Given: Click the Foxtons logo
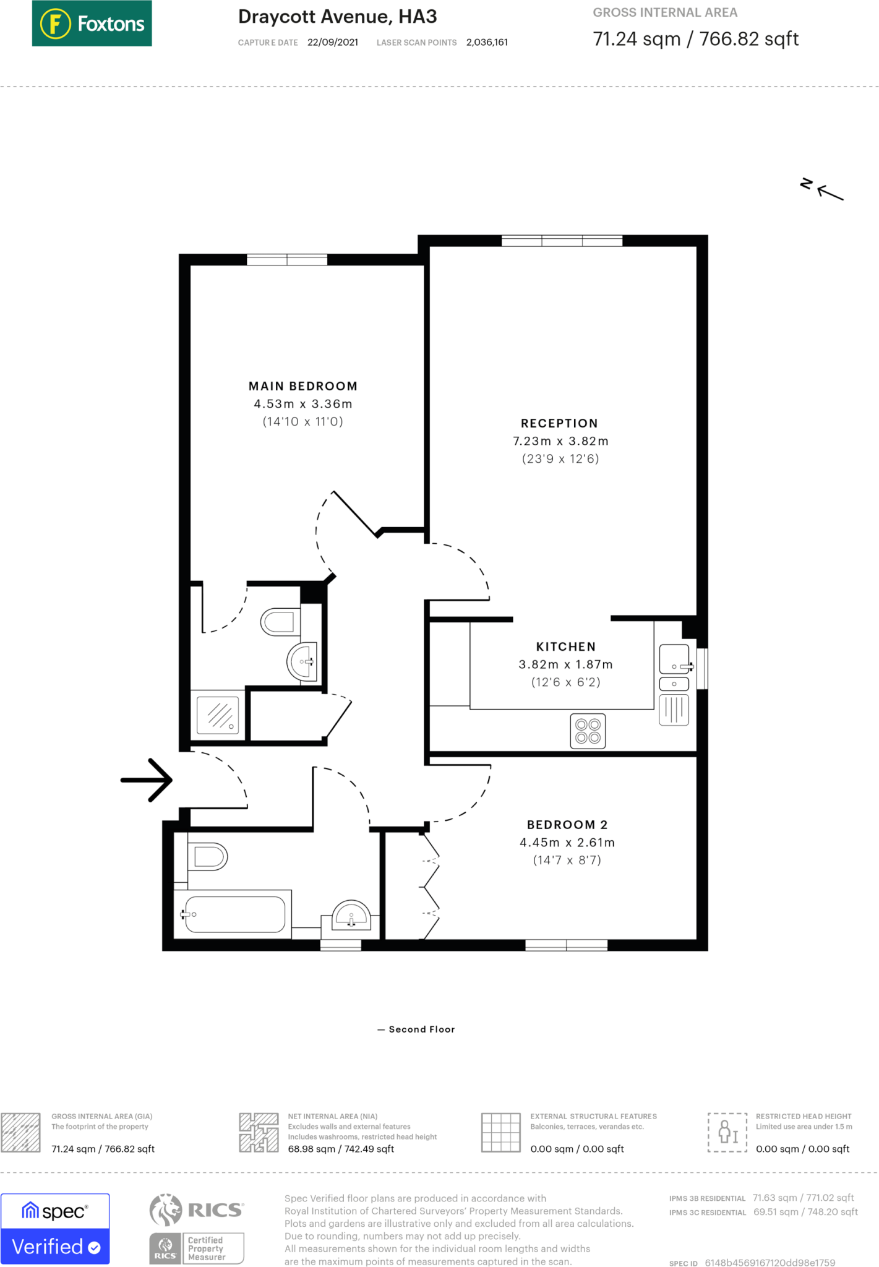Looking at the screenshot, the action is click(92, 24).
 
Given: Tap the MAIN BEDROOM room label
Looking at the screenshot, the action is click(303, 386).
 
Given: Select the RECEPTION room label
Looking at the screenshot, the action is click(559, 423).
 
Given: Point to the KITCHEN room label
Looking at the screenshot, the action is click(566, 646).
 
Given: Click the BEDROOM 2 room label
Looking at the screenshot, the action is click(567, 825).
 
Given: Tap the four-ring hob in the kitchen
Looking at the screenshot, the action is click(588, 731).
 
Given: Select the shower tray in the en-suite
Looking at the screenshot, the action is click(218, 716).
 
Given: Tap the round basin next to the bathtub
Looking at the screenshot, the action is click(351, 916).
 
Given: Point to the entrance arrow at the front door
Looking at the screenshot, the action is click(147, 780).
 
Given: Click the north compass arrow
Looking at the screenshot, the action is click(830, 192).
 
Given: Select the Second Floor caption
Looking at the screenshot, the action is click(422, 1029).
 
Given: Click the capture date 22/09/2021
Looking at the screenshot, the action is click(333, 42).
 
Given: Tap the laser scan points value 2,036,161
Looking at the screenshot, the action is click(487, 42).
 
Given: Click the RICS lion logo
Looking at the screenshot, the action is click(166, 1210).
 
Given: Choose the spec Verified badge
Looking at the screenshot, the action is click(55, 1229).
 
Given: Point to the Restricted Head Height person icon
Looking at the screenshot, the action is click(728, 1132).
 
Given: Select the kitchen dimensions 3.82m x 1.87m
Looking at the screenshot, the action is click(566, 664).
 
